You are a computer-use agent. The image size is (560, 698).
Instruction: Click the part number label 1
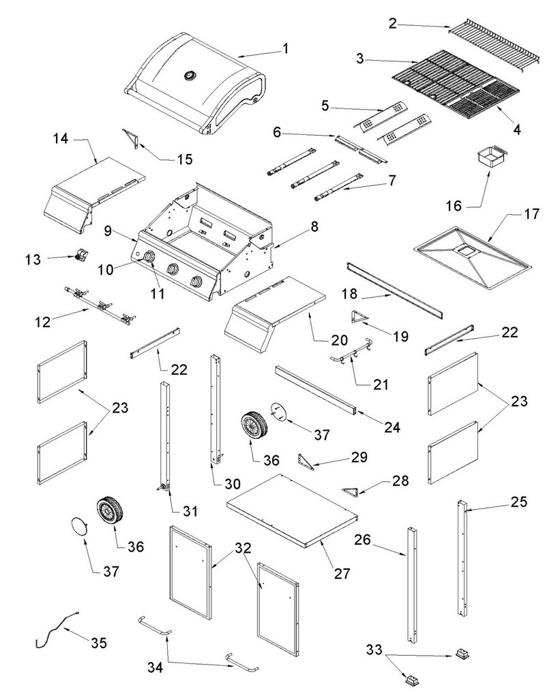tap(286, 48)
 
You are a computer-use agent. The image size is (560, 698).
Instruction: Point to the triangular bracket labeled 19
tap(359, 317)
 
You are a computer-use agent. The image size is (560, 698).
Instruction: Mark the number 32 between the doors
tap(243, 548)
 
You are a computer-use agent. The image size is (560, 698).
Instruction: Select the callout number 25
tap(518, 502)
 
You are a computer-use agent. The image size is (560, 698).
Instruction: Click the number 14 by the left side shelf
tap(61, 139)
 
